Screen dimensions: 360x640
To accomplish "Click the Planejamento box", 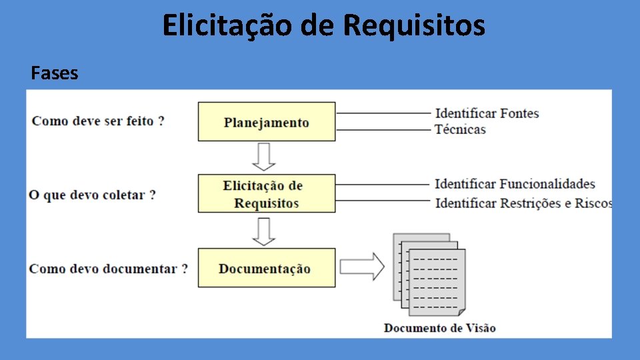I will click(267, 121).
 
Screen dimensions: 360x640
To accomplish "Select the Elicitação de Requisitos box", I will click(267, 194).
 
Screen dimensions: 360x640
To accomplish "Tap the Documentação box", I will click(267, 268).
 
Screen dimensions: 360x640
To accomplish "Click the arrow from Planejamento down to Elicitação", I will click(265, 157).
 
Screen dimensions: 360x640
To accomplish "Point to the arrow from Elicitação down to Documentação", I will click(265, 231).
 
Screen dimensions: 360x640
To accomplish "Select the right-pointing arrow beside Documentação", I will click(362, 267).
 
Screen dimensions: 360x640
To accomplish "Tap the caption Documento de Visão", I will click(439, 327).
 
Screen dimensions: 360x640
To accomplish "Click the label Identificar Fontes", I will click(487, 113).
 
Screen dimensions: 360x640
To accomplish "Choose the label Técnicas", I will click(460, 129).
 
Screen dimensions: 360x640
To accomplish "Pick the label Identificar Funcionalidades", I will click(515, 184).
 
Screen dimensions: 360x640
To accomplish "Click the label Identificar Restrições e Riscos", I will click(523, 203).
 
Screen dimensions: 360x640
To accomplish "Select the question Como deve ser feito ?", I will click(98, 121).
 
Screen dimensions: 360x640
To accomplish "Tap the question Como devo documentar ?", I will click(108, 269).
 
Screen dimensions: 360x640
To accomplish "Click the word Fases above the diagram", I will click(54, 73).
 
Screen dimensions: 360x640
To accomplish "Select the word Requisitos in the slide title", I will click(415, 25).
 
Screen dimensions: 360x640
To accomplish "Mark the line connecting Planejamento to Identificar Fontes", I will click(383, 113).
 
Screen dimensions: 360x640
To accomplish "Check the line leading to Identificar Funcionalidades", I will click(383, 185).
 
